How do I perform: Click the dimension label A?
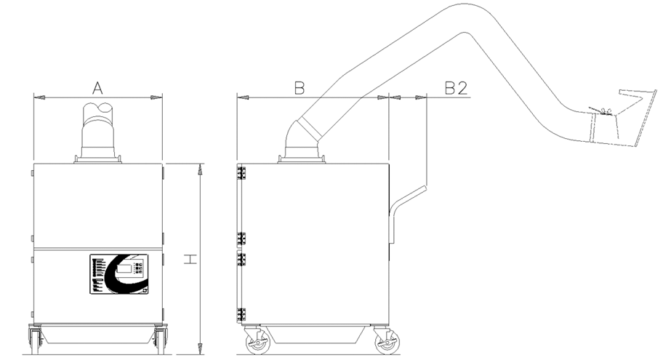(97, 88)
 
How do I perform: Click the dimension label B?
(299, 88)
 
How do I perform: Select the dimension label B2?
(456, 88)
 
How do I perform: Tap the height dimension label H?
(190, 259)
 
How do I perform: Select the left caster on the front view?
(35, 339)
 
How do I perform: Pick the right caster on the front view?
(161, 339)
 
